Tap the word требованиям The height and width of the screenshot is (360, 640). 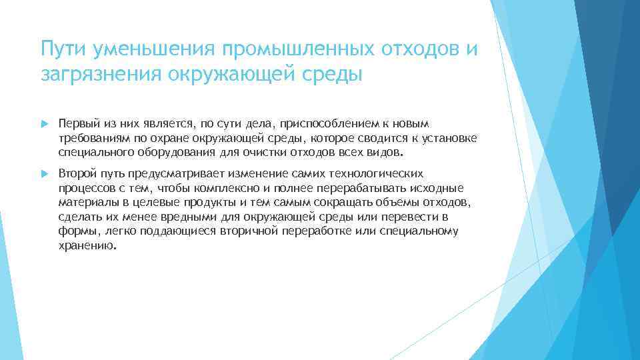click(90, 138)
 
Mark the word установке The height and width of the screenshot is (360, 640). click(450, 138)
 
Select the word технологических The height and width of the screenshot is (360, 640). click(375, 173)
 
